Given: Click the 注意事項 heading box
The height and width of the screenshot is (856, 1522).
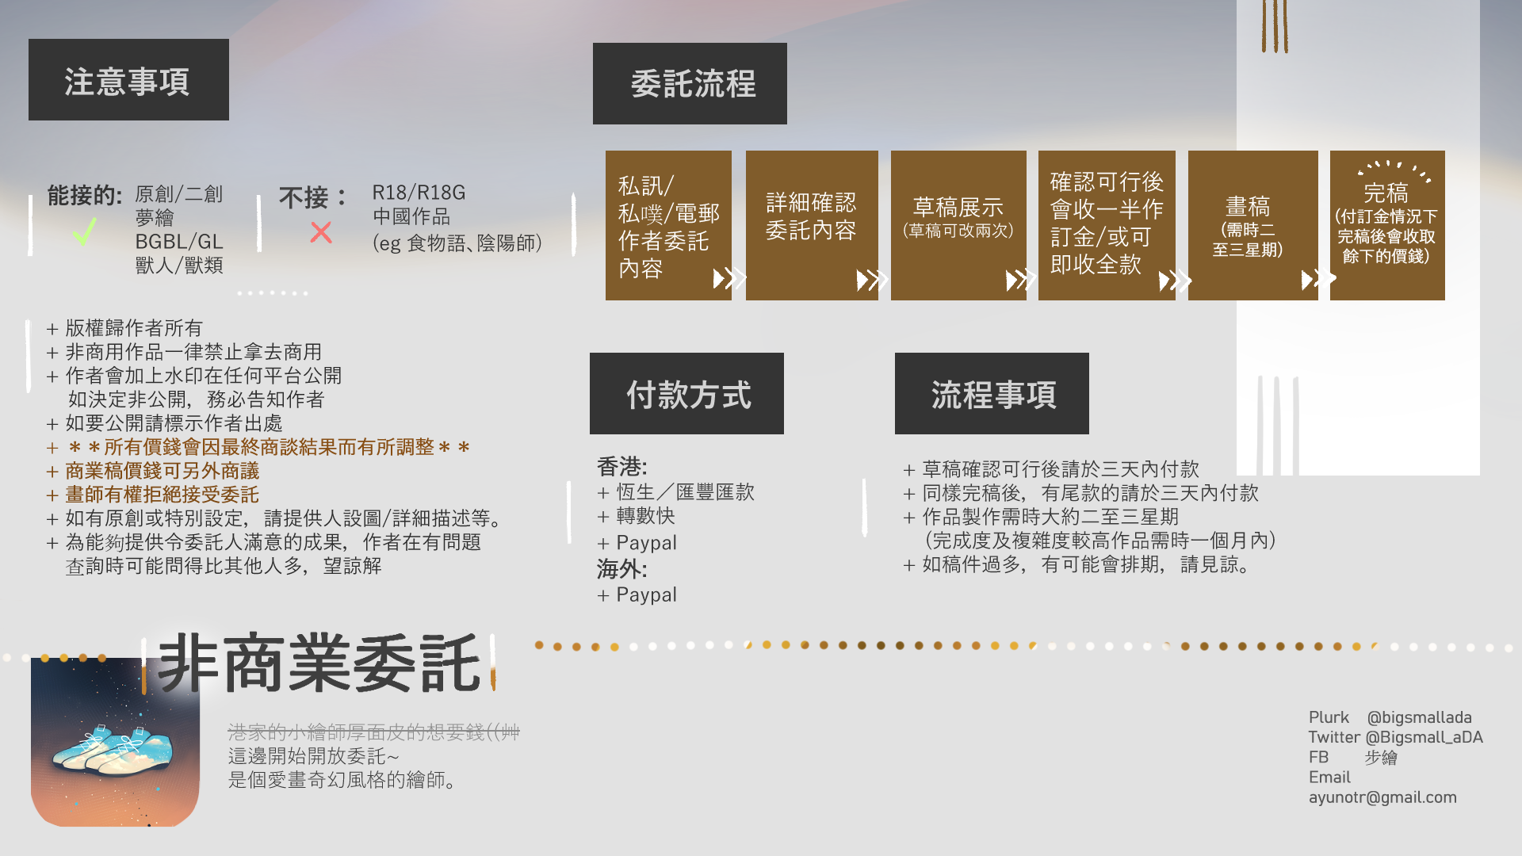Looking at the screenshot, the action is pos(128,79).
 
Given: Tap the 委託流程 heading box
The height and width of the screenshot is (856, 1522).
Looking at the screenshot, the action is pos(690,83).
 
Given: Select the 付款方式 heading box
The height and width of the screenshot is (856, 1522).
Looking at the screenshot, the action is pos(686,393).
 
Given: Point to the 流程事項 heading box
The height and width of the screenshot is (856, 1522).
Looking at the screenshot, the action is pos(992,393).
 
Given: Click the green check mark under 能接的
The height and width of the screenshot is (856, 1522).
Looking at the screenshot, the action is pos(84,231).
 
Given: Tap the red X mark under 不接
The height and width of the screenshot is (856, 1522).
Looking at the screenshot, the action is pos(321,232).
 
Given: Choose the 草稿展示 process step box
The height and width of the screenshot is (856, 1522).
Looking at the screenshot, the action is pos(958,225).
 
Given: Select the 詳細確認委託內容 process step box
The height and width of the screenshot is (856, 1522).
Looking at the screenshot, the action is pos(812,225).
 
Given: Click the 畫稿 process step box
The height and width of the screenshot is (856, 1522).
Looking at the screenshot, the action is pos(1252,225).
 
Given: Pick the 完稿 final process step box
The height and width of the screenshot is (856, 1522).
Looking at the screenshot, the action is pos(1387,225).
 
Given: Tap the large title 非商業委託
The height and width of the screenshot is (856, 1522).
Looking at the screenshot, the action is pos(320,663).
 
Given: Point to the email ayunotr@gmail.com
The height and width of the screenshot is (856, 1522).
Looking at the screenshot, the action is pos(1382,797).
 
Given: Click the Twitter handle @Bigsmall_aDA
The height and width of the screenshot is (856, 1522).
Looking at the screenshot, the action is pos(1424,737).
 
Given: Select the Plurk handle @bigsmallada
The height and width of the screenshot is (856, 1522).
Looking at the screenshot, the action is pos(1419,717).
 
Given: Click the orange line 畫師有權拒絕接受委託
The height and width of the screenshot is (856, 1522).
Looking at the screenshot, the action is pos(162,495).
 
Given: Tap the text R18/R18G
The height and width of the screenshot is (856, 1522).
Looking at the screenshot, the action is pos(419,193).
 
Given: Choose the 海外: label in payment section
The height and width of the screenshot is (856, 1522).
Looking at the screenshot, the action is pos(622,568).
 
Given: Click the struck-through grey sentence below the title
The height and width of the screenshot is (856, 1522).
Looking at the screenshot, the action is pos(373,732).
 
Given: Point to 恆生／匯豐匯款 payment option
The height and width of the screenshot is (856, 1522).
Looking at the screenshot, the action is pos(685,492).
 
